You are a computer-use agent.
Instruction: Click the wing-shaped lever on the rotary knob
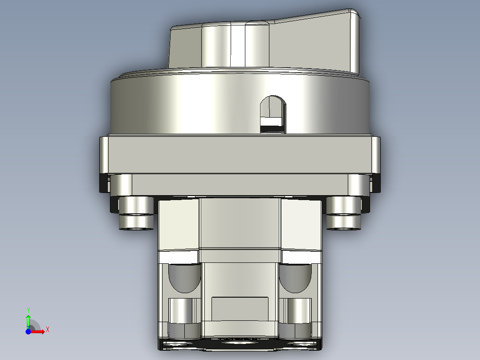(x=312, y=42)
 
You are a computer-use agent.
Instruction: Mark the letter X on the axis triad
(x=48, y=330)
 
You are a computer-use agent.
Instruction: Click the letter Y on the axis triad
(x=28, y=309)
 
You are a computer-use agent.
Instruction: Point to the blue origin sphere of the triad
(x=28, y=331)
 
